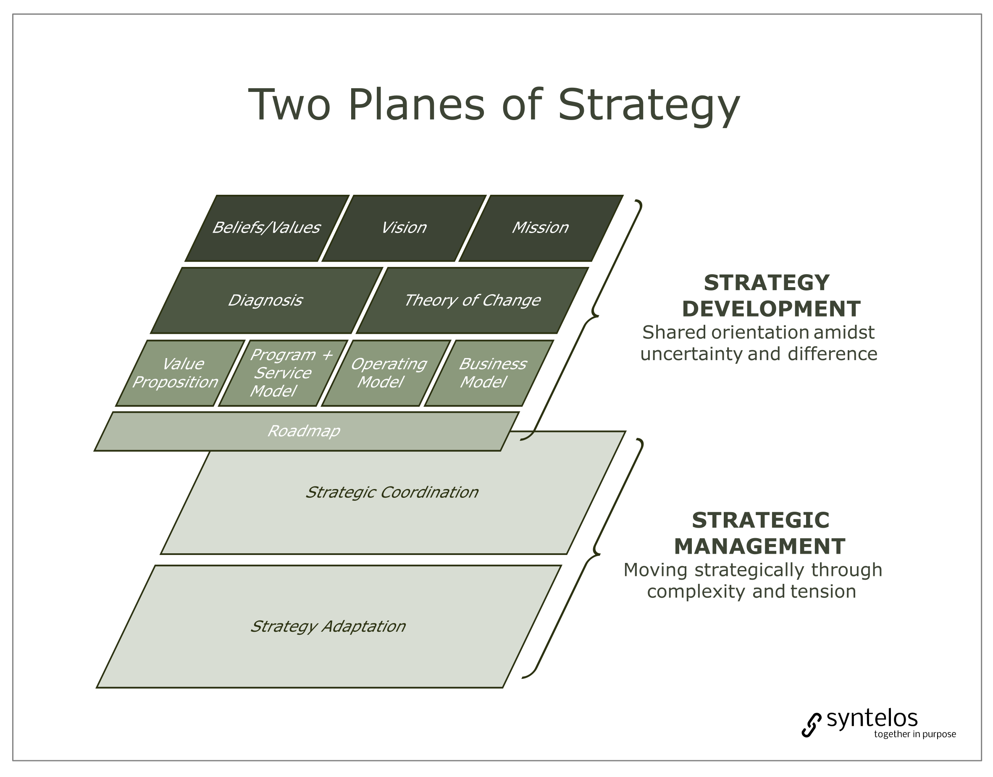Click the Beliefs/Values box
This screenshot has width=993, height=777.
click(267, 228)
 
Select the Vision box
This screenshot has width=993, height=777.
click(404, 228)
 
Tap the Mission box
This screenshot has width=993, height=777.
click(540, 228)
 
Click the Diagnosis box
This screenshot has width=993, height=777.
click(266, 301)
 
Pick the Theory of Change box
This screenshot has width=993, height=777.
click(472, 301)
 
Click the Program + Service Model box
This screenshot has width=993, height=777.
click(282, 373)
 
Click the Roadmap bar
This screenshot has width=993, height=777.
click(304, 431)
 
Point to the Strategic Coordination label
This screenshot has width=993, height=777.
click(392, 493)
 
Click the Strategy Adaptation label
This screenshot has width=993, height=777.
click(328, 626)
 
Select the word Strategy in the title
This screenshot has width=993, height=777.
click(649, 105)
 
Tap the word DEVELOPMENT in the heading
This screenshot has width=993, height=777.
click(771, 309)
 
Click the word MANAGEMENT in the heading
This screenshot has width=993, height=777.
click(759, 547)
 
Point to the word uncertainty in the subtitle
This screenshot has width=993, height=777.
click(691, 354)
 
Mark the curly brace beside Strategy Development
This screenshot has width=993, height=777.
click(594, 314)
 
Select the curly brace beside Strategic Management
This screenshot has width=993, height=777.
click(595, 553)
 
